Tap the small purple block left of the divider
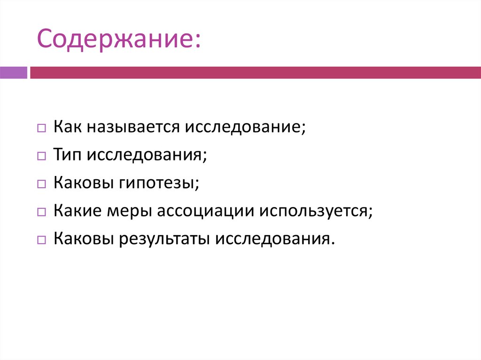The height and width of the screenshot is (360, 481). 14,73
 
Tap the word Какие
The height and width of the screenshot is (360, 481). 75,210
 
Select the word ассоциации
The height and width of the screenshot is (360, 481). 204,210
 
